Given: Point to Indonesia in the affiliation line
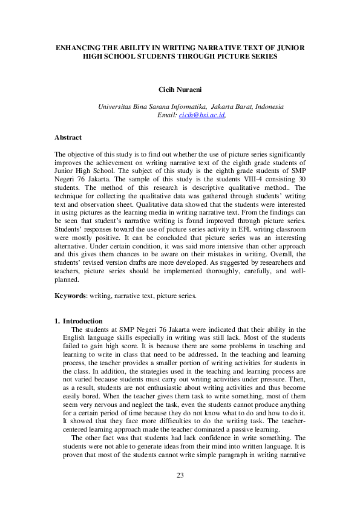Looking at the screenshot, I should pos(269,106).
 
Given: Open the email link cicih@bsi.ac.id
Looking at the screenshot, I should pos(201,114).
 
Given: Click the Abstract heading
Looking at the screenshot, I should pos(68,137).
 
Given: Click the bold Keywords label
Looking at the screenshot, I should pos(70,296).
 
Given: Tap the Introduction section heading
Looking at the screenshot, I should pos(83,321).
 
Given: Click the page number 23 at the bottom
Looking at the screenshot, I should pos(180,492).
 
